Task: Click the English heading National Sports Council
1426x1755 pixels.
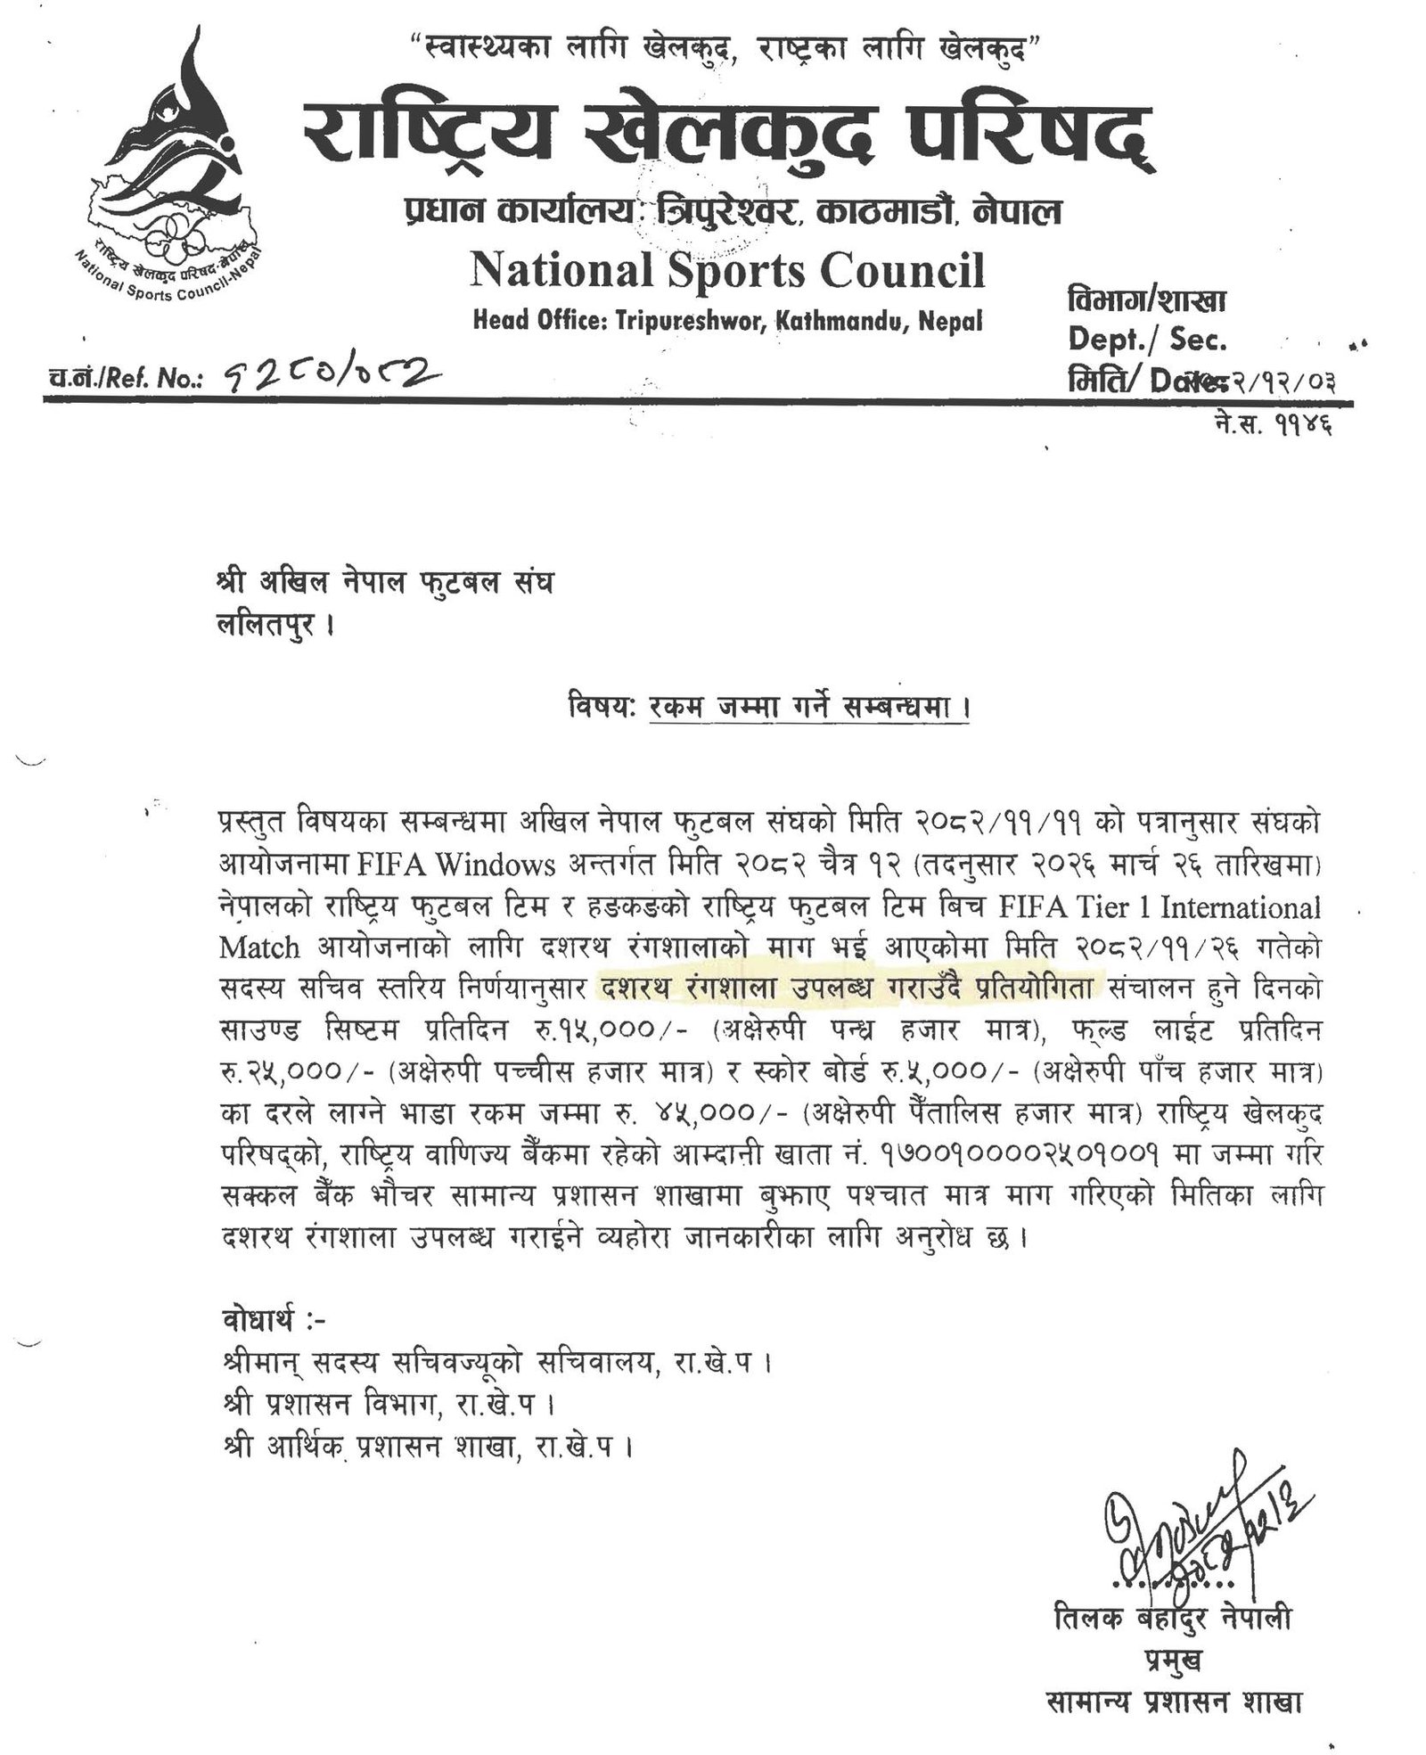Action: click(x=727, y=270)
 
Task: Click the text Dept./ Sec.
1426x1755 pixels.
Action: click(x=1146, y=340)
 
